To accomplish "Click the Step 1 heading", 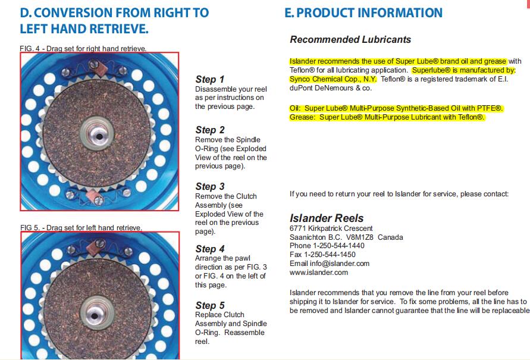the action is [x=209, y=79].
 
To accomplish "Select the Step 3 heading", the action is [x=209, y=187].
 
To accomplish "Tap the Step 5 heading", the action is [x=209, y=306].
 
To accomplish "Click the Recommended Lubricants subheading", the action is [x=350, y=39].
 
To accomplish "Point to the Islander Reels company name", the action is [x=327, y=218].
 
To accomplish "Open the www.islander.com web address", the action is [x=319, y=273].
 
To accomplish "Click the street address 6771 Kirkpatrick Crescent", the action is [x=331, y=228].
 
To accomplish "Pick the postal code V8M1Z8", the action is [x=360, y=237].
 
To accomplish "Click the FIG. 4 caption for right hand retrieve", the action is [x=83, y=49].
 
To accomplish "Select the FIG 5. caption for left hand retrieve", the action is [x=81, y=227].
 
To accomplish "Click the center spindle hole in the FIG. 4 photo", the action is [x=99, y=137].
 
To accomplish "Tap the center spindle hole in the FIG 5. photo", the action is [x=95, y=316].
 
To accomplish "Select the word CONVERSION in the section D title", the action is [x=73, y=13].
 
